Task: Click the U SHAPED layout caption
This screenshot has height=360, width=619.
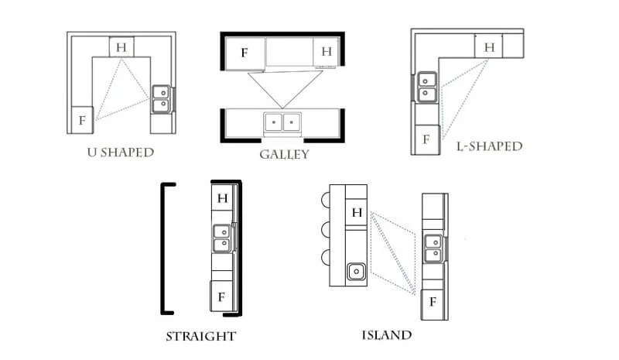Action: point(121,153)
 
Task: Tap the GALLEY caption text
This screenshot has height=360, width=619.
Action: point(284,155)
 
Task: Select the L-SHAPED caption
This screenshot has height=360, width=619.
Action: point(490,146)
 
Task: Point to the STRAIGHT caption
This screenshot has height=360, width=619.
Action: point(201,337)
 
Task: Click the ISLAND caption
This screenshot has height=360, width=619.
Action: point(387,335)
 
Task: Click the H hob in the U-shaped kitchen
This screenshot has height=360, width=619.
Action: point(121,47)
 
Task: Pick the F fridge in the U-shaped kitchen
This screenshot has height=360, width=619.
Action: point(82,120)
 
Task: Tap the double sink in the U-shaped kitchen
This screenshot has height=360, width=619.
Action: point(161,99)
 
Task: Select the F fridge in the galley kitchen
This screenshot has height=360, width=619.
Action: point(245,53)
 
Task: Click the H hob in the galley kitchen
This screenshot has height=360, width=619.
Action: point(326,52)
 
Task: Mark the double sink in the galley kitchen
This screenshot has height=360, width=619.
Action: point(282,122)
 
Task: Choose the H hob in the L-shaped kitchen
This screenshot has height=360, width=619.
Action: point(489,46)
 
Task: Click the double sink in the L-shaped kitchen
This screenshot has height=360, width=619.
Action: point(426,87)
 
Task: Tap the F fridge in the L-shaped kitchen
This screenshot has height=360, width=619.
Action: point(426,139)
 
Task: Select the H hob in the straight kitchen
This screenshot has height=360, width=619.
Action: point(223,198)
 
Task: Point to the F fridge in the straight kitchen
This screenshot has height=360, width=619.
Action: point(221,297)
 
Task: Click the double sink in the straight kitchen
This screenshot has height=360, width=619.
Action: point(222,238)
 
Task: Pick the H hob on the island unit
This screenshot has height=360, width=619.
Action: point(357,213)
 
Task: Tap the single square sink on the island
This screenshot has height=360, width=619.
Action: point(357,272)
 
